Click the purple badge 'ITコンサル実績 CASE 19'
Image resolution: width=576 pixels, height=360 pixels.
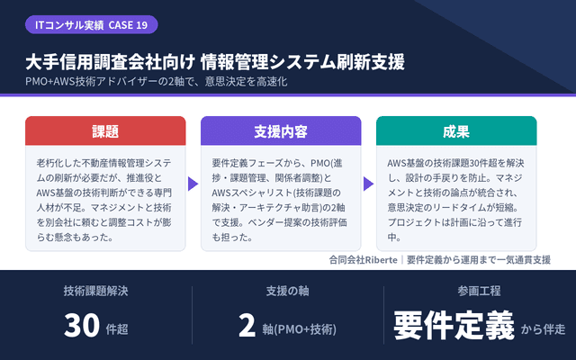pyautogui.click(x=92, y=24)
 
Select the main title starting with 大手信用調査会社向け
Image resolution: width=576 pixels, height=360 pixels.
pyautogui.click(x=215, y=62)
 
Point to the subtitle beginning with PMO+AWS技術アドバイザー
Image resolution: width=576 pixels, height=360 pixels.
pyautogui.click(x=157, y=81)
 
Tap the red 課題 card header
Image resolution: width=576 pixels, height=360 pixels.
pyautogui.click(x=105, y=130)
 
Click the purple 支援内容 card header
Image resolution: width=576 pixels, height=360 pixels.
pyautogui.click(x=281, y=130)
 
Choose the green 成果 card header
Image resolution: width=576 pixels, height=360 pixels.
pyautogui.click(x=456, y=130)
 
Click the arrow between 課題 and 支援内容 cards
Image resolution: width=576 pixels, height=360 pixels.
pyautogui.click(x=193, y=184)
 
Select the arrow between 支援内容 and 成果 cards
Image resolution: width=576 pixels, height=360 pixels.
pyautogui.click(x=368, y=184)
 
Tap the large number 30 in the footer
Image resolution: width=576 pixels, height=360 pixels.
pyautogui.click(x=82, y=325)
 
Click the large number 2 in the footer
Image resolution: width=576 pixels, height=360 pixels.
pyautogui.click(x=247, y=325)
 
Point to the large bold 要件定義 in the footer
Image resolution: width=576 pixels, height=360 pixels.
pyautogui.click(x=454, y=325)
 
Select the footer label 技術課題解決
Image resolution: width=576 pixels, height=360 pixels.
pyautogui.click(x=96, y=291)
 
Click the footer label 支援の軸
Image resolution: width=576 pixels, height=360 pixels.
pyautogui.click(x=288, y=291)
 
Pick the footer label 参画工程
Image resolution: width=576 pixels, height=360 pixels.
pyautogui.click(x=479, y=291)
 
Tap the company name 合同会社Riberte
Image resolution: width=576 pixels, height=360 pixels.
pyautogui.click(x=364, y=260)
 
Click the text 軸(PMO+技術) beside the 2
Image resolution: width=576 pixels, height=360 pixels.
pyautogui.click(x=300, y=329)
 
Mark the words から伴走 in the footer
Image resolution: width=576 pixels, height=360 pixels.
pyautogui.click(x=543, y=329)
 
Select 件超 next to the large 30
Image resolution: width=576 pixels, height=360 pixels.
pyautogui.click(x=117, y=329)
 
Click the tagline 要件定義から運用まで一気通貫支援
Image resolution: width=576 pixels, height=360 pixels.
pyautogui.click(x=479, y=260)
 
